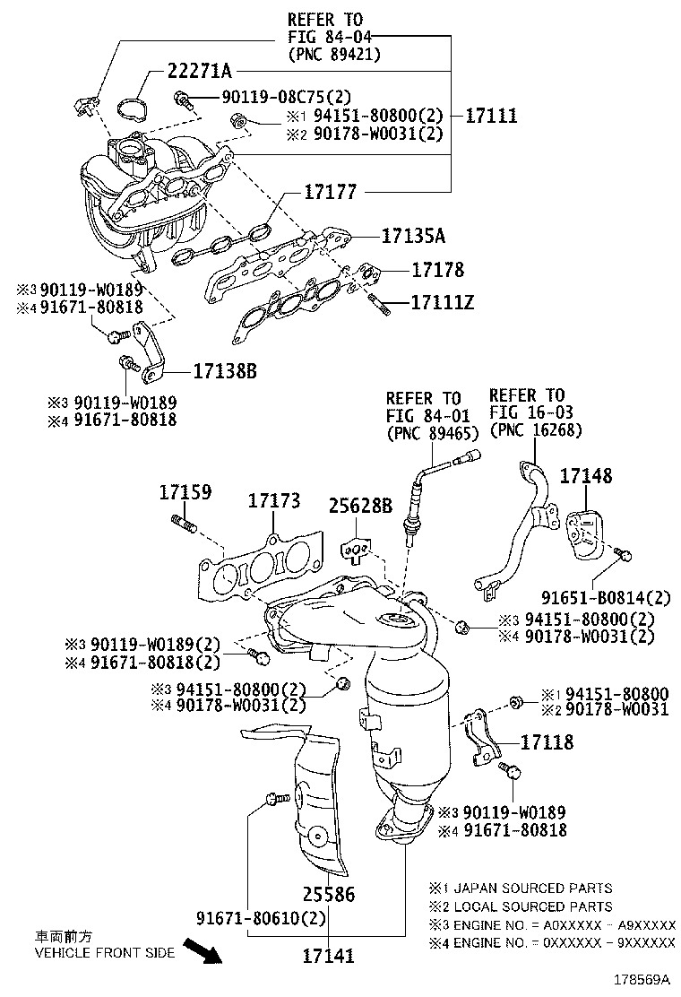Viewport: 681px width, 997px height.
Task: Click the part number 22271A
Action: [199, 71]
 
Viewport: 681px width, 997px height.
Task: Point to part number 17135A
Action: [413, 236]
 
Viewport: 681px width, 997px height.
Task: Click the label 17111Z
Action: [443, 302]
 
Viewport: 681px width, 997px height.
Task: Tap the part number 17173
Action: [274, 501]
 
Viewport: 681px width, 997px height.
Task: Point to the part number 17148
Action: [586, 475]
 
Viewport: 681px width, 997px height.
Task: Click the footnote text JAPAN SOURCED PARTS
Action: [534, 888]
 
